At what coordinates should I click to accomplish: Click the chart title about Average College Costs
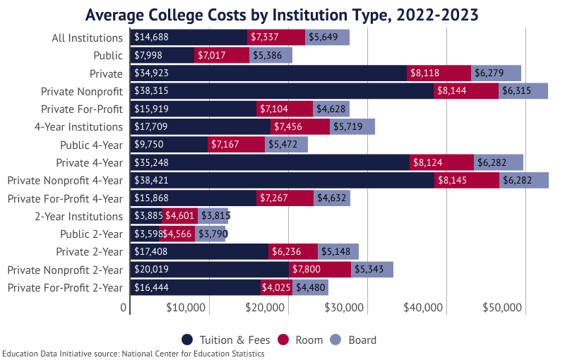coord(282,15)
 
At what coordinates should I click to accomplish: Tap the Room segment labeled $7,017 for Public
coord(221,55)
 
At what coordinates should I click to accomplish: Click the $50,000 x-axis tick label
coord(502,308)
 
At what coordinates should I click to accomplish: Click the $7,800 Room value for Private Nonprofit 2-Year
coord(319,270)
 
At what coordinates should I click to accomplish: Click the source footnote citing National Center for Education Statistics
coord(133,354)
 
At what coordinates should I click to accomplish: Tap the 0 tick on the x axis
coord(124,308)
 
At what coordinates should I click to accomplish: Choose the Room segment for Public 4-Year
coord(236,144)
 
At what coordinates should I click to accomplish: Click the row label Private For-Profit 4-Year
coord(65,198)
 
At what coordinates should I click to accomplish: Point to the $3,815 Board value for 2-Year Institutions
coord(215,216)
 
